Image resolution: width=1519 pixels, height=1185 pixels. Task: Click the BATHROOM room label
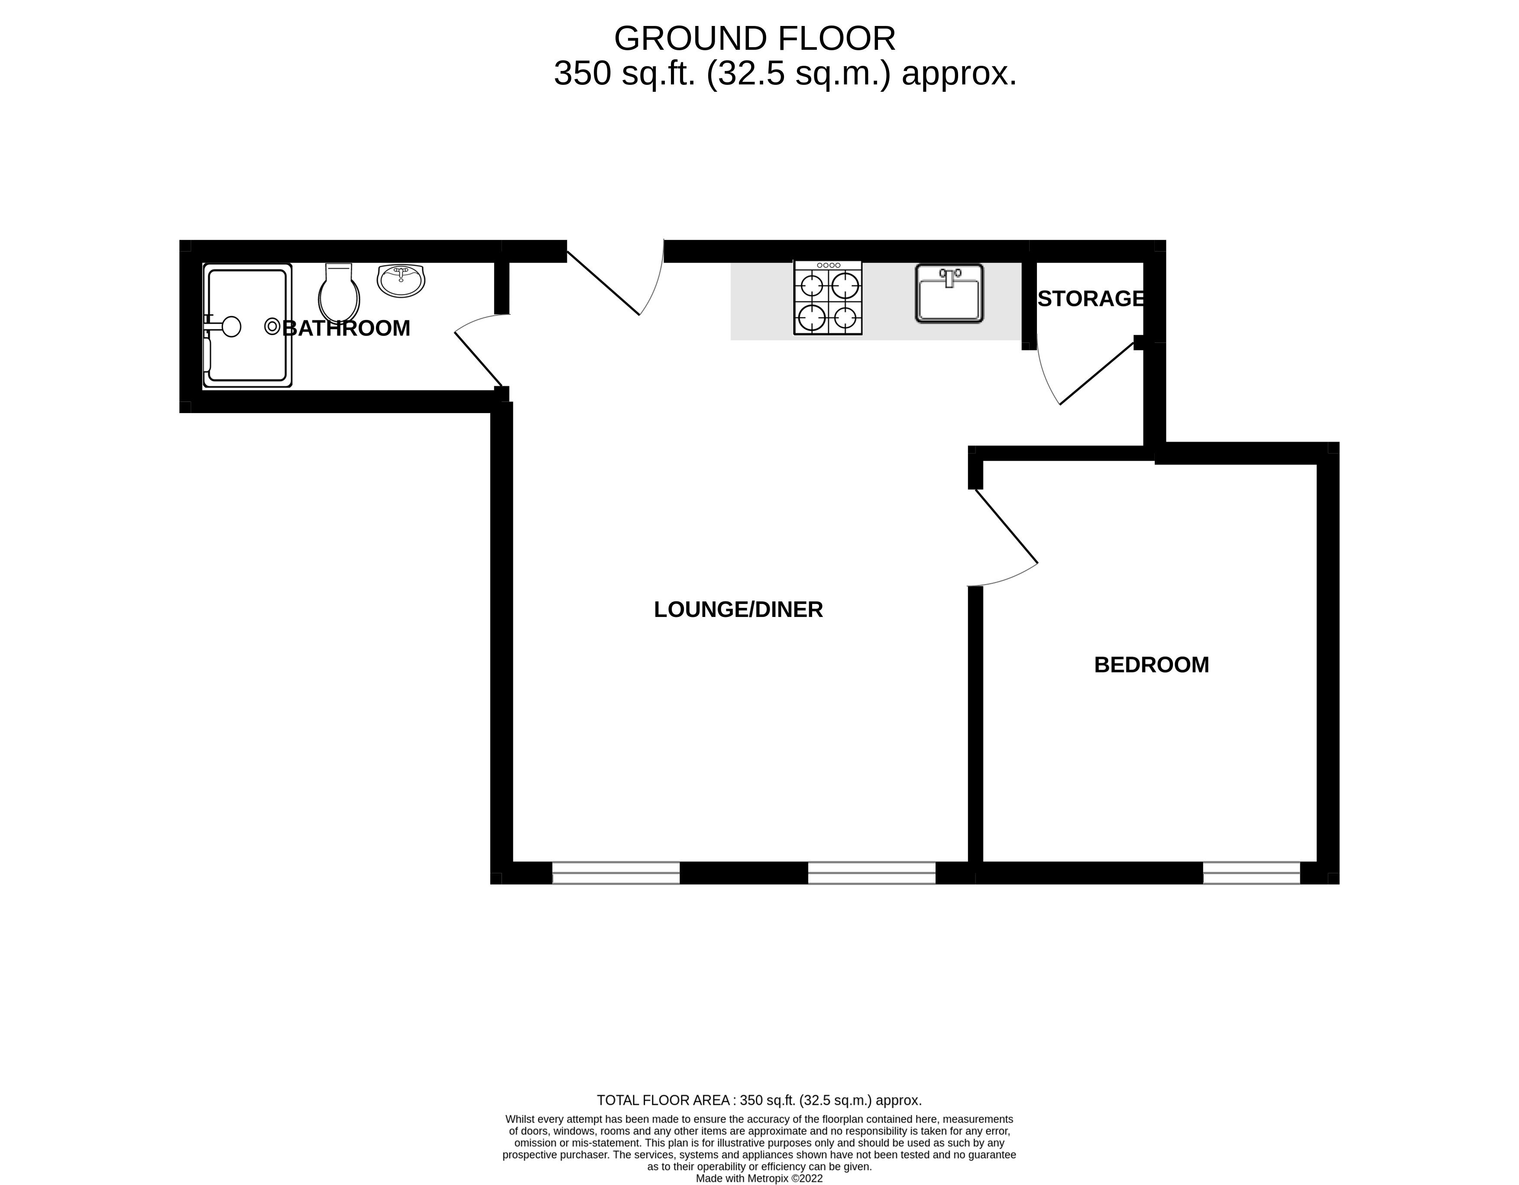(x=347, y=328)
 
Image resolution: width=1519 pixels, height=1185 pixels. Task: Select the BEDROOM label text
(x=1152, y=665)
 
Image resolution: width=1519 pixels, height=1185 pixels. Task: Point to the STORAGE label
(x=1091, y=298)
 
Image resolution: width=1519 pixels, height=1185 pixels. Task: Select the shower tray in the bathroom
(x=248, y=326)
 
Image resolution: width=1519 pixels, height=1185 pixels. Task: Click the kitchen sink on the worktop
(x=949, y=294)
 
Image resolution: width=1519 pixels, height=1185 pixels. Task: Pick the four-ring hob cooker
(x=828, y=297)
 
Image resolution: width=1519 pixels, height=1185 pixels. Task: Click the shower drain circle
(x=272, y=326)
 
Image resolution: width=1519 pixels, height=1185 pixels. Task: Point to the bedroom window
(x=1251, y=873)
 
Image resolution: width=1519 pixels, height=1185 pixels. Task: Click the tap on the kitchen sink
(x=949, y=278)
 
